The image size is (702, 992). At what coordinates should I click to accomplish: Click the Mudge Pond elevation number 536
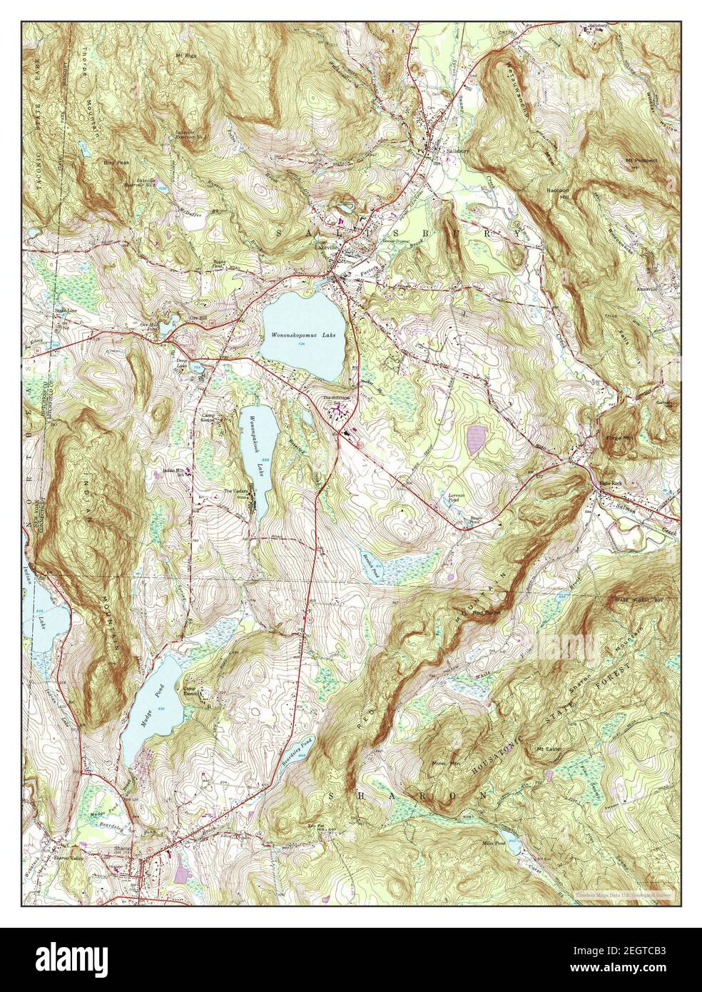click(x=161, y=708)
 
